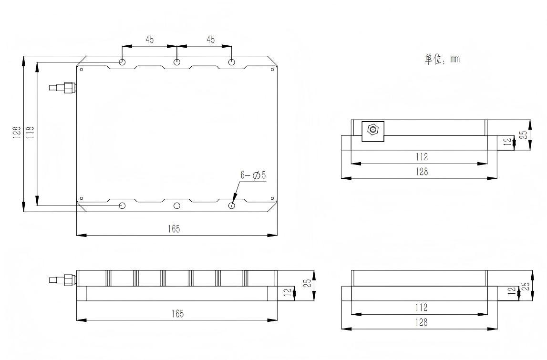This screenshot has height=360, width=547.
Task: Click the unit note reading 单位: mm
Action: pos(443,59)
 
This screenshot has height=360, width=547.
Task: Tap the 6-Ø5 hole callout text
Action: pos(253,175)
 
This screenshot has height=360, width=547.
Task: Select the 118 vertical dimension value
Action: pos(31,133)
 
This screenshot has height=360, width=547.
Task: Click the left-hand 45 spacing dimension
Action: pos(149,40)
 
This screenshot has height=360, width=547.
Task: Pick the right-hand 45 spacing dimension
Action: pos(210,40)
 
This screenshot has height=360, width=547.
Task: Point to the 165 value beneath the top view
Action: pos(174,229)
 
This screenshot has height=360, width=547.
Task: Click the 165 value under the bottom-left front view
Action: pos(177,314)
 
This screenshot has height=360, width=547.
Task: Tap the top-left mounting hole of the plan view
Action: pos(122,62)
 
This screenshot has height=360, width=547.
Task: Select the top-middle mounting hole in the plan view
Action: pos(177,62)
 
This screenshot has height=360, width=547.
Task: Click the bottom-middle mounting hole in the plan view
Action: pos(177,206)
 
